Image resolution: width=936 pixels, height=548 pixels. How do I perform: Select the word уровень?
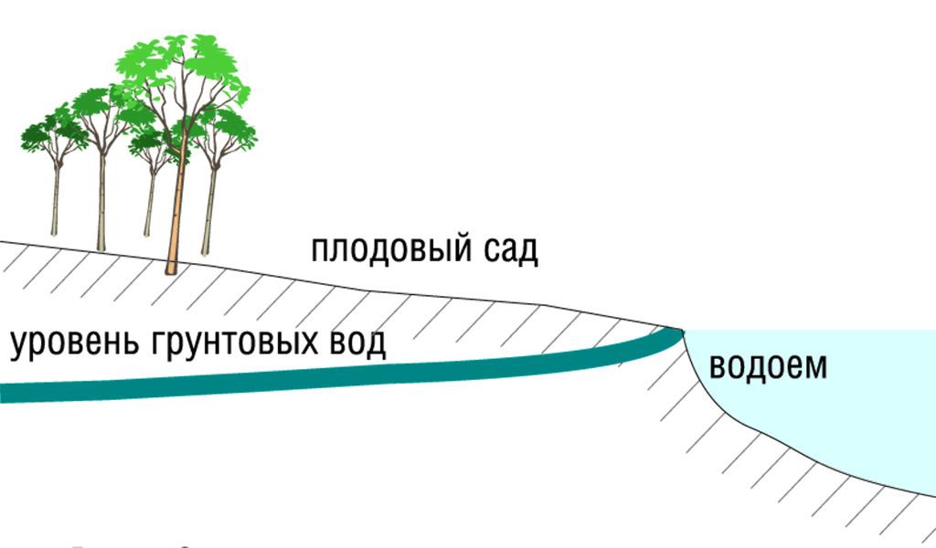(73, 344)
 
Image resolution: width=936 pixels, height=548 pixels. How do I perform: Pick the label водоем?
(768, 366)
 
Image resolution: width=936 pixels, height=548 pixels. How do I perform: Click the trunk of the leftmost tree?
(56, 201)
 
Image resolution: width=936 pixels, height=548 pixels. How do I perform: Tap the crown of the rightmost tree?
(229, 132)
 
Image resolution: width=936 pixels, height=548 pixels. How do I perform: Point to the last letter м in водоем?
(814, 366)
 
